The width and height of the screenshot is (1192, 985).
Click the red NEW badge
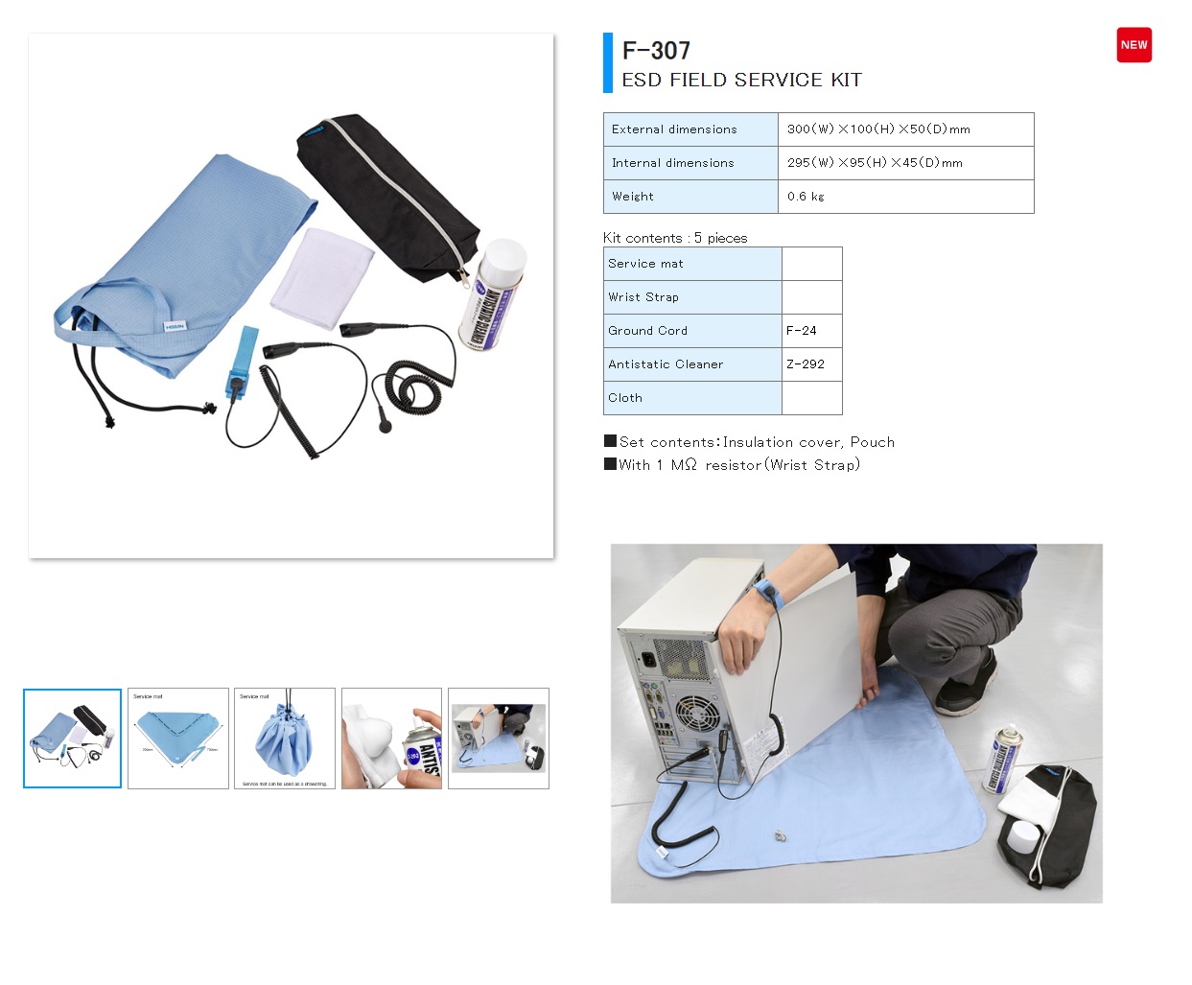1134,45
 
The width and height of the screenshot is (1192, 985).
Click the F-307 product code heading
656,51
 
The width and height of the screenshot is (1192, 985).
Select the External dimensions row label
674,129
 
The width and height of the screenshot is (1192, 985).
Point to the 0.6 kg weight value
806,197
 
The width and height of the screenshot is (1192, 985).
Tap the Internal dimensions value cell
875,163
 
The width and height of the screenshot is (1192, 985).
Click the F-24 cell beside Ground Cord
802,331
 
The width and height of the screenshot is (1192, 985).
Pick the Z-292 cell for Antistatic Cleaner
806,364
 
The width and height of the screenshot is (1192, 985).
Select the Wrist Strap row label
643,297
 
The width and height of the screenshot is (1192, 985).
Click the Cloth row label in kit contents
625,398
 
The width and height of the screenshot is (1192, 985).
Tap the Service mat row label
645,264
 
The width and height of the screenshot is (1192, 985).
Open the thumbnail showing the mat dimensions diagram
178,739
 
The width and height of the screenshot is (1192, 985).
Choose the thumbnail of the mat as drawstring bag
285,739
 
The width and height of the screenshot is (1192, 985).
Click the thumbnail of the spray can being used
391,739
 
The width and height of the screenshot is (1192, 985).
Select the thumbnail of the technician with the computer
499,739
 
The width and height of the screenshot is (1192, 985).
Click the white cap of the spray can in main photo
503,257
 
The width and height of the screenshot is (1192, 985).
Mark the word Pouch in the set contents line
872,442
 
